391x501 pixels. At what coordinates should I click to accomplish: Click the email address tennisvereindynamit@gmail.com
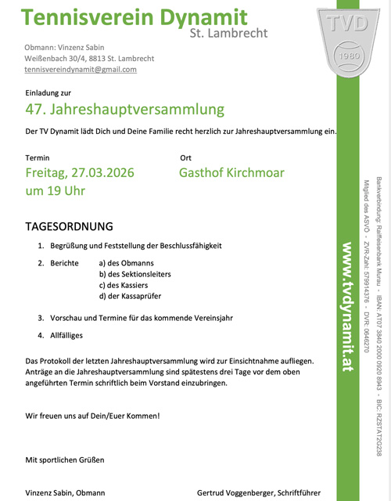tap(81, 70)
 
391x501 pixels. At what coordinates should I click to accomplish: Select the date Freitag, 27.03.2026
tap(80, 172)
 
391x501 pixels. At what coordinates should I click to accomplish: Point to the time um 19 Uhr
tap(56, 190)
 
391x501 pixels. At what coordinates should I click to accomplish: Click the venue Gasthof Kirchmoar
tap(231, 172)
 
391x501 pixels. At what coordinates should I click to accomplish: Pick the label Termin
tap(38, 157)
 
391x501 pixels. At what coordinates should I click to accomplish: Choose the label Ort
tap(186, 157)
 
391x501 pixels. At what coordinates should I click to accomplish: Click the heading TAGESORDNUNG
tap(70, 226)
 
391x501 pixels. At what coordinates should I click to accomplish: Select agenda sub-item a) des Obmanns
tap(127, 262)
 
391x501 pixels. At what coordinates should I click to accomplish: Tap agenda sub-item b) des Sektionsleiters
tap(135, 274)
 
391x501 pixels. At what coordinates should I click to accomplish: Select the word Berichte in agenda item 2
tap(64, 262)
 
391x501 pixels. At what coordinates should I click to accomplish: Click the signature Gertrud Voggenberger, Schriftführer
tap(259, 492)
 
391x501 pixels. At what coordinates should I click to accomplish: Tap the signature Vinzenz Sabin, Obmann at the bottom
tap(65, 492)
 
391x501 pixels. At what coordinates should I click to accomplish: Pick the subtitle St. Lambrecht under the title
tap(228, 33)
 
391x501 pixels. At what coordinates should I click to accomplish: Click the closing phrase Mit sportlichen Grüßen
tap(65, 460)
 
